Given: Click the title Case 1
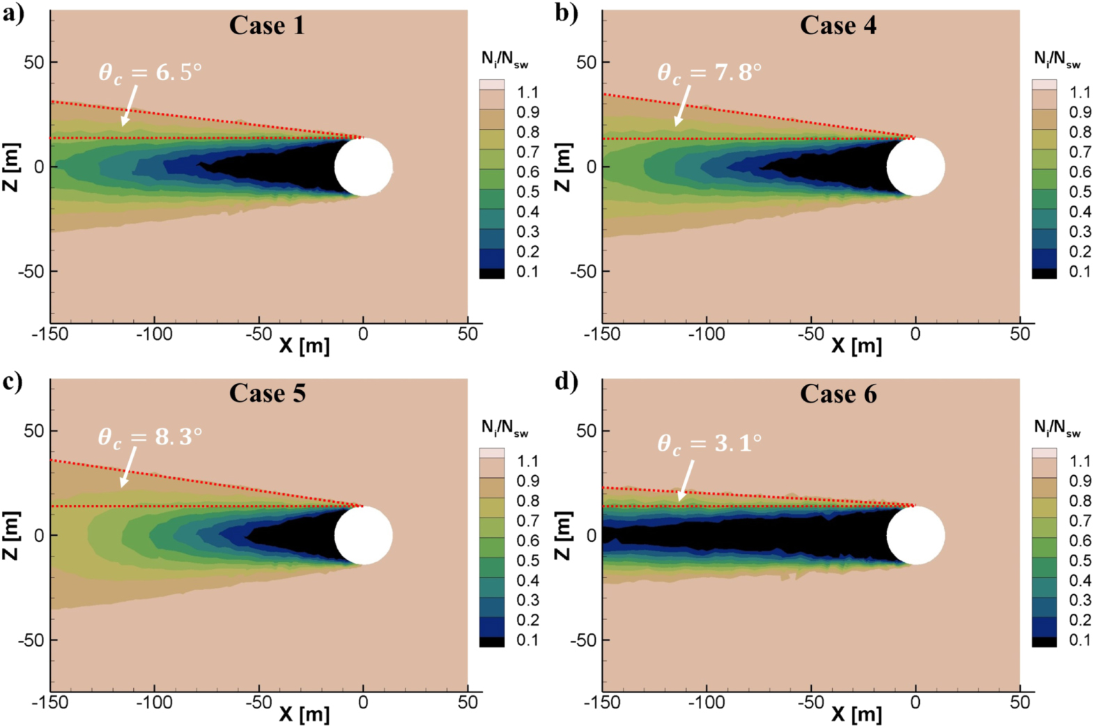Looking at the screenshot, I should [267, 26].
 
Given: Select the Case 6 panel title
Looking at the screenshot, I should [838, 394].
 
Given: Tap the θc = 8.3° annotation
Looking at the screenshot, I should [150, 437].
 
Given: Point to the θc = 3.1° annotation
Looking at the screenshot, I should [709, 444].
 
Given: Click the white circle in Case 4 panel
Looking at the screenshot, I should [916, 167].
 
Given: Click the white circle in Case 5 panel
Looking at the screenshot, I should [363, 535].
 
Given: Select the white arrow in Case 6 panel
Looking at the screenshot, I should [686, 481].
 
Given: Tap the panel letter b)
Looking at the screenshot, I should [566, 13].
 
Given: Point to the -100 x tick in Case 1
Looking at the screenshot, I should [154, 334].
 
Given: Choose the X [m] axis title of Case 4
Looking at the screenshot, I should [856, 346].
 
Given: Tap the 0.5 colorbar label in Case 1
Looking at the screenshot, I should [527, 192].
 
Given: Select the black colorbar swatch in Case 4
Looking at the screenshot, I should [1044, 274].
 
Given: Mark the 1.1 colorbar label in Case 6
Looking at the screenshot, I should [1079, 461].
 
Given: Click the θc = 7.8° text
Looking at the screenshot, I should [709, 72].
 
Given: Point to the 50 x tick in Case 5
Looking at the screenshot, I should [468, 702].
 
